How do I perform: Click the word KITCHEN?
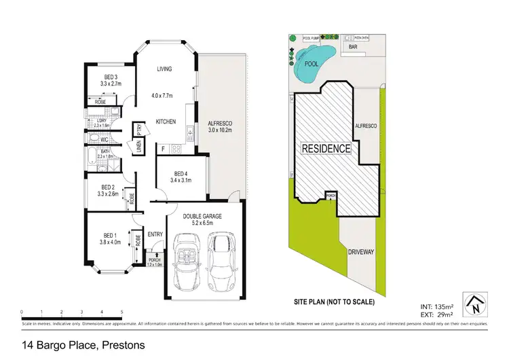pos(166,122)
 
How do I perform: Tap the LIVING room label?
pos(165,69)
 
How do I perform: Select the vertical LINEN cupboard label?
pos(138,146)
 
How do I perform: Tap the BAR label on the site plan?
pos(353,48)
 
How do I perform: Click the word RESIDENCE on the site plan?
pos(326,148)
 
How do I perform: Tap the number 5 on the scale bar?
pos(121,312)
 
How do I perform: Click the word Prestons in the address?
pos(123,345)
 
